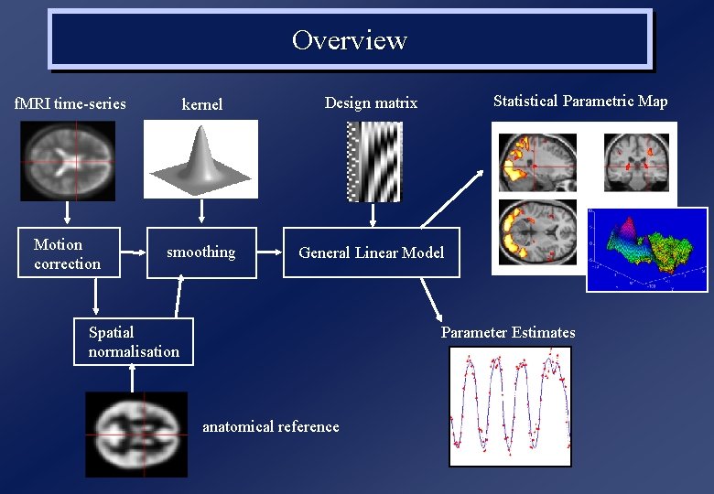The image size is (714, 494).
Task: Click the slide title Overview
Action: click(x=350, y=40)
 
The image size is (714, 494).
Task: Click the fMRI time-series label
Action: click(x=70, y=103)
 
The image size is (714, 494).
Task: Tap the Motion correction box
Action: click(x=69, y=253)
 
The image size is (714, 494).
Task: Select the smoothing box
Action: click(x=201, y=252)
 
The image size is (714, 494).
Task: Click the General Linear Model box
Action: click(x=372, y=252)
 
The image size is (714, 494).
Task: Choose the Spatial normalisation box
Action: click(x=134, y=341)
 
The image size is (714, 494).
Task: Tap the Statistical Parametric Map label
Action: click(x=580, y=102)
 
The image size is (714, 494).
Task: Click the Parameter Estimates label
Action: click(x=508, y=332)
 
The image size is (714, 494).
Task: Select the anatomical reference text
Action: click(x=270, y=426)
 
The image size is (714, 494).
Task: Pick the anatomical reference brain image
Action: click(x=136, y=434)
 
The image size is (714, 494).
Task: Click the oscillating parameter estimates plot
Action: click(x=510, y=406)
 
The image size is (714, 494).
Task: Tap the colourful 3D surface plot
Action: click(x=646, y=249)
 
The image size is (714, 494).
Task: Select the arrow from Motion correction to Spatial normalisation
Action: click(x=96, y=295)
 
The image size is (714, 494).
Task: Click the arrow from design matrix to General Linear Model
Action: click(x=372, y=215)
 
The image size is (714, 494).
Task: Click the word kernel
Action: click(x=202, y=104)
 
